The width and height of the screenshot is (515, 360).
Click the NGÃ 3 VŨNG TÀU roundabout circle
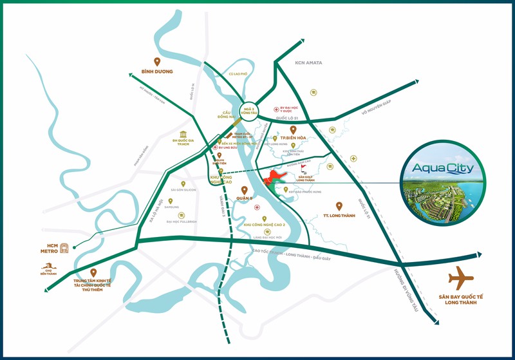tap(248, 111)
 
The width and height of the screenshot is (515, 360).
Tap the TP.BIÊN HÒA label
tap(293, 138)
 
